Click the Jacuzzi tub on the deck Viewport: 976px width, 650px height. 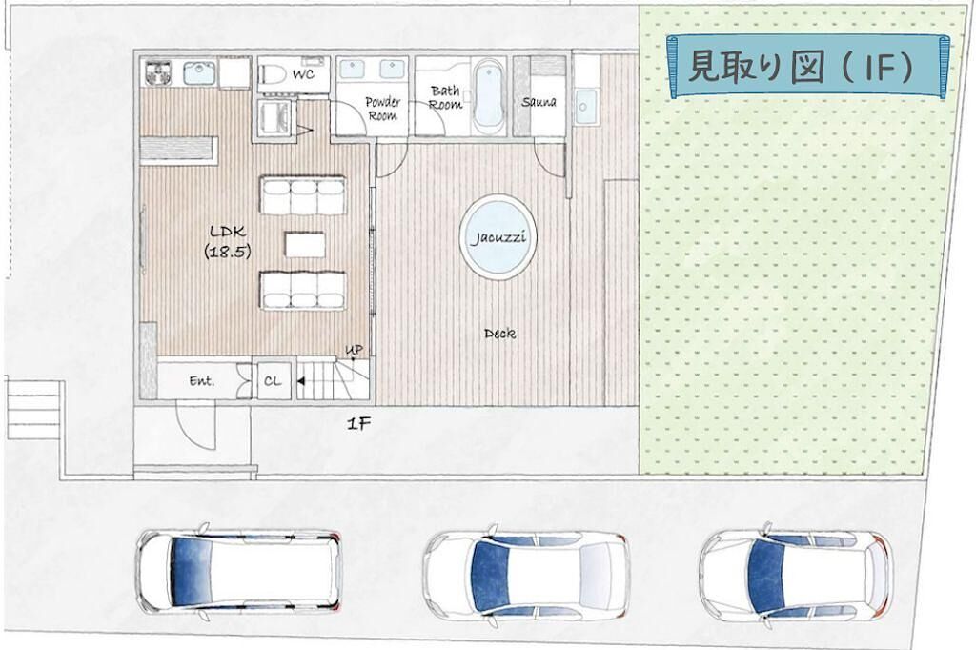click(x=498, y=237)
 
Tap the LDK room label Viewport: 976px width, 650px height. click(x=228, y=241)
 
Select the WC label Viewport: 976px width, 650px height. click(x=303, y=74)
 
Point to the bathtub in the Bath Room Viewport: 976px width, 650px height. click(x=489, y=95)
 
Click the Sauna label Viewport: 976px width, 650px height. click(x=539, y=101)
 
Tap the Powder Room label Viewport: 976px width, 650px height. click(x=382, y=109)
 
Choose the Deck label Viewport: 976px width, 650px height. click(x=499, y=334)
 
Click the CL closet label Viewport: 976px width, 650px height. click(x=273, y=381)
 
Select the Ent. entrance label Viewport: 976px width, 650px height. click(x=202, y=381)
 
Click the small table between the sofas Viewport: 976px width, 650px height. click(x=305, y=244)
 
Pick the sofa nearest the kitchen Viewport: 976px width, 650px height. click(x=302, y=195)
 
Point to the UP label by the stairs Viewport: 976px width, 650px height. click(x=354, y=351)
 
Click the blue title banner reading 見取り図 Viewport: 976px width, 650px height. click(x=807, y=67)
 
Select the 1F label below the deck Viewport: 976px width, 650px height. click(x=358, y=424)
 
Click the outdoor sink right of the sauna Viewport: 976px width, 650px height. click(x=585, y=107)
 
